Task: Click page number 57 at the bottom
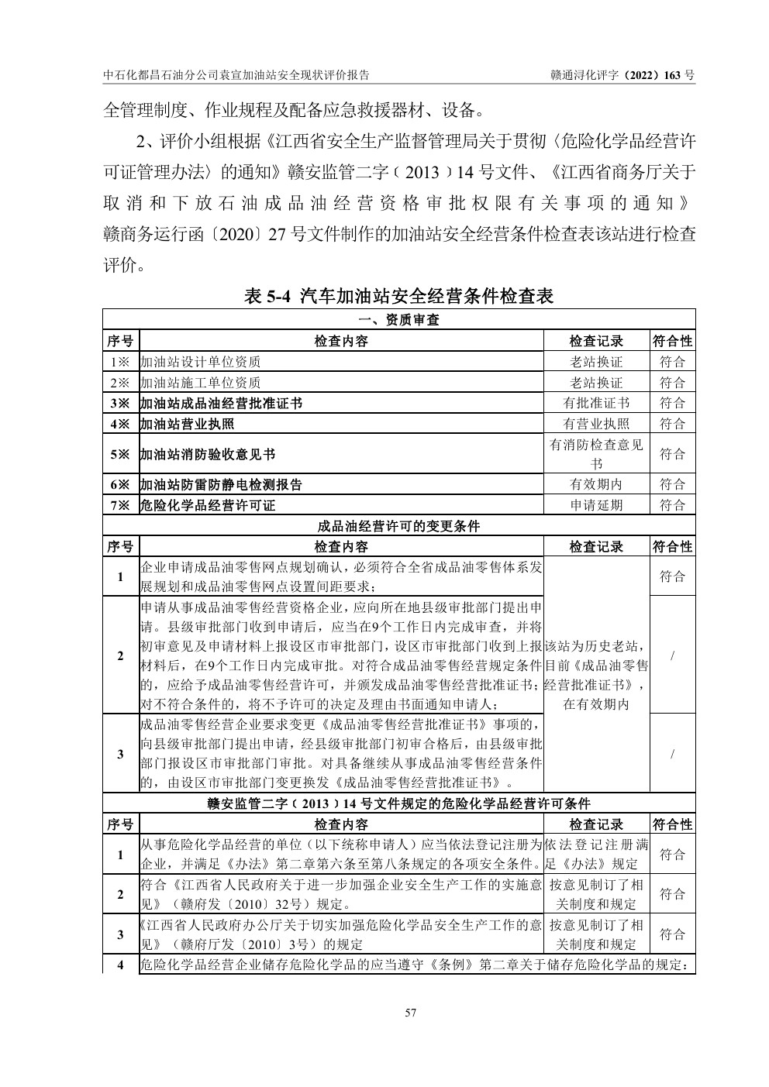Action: [x=411, y=1012]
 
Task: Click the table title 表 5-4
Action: [x=399, y=296]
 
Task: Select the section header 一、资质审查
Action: [x=399, y=320]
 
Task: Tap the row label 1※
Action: [x=120, y=362]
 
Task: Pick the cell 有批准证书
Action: [x=596, y=403]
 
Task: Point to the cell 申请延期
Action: [x=596, y=505]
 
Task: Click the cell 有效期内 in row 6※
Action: [x=596, y=484]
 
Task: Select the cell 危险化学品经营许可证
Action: [x=208, y=505]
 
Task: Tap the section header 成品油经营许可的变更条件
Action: [x=399, y=526]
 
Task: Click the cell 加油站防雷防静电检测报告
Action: [x=221, y=484]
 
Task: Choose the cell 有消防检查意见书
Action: [x=596, y=454]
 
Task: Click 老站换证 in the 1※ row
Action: [x=596, y=362]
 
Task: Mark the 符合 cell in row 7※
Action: [x=672, y=505]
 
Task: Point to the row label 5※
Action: [x=120, y=454]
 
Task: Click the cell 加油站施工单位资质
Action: [x=200, y=383]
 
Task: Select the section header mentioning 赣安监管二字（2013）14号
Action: [x=399, y=803]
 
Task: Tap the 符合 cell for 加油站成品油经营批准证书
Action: [x=672, y=403]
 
